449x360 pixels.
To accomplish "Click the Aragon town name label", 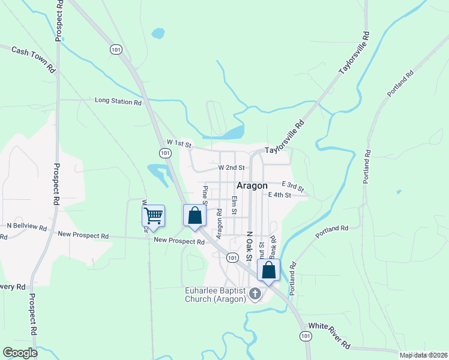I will point(252,186).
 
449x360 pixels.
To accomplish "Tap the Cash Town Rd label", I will point(34,59).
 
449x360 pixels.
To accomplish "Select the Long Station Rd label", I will point(118,101).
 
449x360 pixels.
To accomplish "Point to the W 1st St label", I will point(179,144).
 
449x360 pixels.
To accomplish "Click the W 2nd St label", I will point(232,168).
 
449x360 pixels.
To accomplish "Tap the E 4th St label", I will point(280,195).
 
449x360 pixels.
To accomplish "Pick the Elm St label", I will point(235,205).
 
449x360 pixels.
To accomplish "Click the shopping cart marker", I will point(153,215).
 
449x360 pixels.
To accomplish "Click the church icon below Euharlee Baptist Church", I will point(255,294).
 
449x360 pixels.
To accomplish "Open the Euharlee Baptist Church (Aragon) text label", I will point(215,295).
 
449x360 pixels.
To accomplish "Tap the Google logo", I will point(20,352).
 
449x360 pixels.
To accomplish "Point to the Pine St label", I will point(205,196).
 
